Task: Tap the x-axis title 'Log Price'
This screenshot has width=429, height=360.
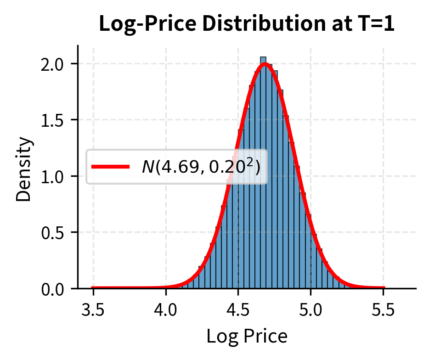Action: [x=247, y=337]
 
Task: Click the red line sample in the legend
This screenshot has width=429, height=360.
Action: [x=110, y=167]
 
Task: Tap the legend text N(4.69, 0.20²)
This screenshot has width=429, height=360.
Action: [x=201, y=167]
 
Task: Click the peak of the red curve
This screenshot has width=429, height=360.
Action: [x=265, y=64]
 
